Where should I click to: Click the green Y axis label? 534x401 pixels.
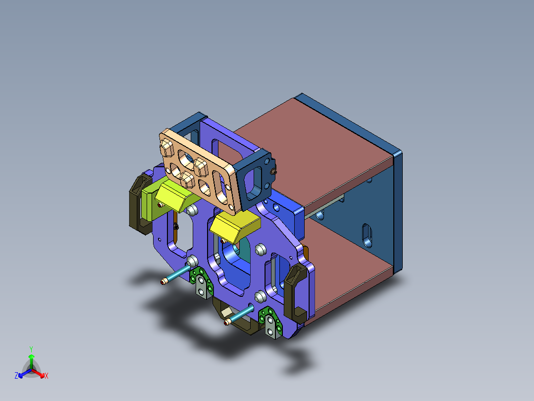[31, 349]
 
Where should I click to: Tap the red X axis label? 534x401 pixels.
[47, 376]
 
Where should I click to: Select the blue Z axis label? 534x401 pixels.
[16, 376]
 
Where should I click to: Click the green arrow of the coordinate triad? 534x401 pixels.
[31, 360]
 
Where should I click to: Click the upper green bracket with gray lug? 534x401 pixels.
[201, 282]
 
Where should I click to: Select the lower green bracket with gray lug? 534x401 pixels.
[269, 323]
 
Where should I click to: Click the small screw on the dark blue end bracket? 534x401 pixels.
[274, 172]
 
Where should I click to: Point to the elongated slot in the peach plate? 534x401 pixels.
[221, 184]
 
